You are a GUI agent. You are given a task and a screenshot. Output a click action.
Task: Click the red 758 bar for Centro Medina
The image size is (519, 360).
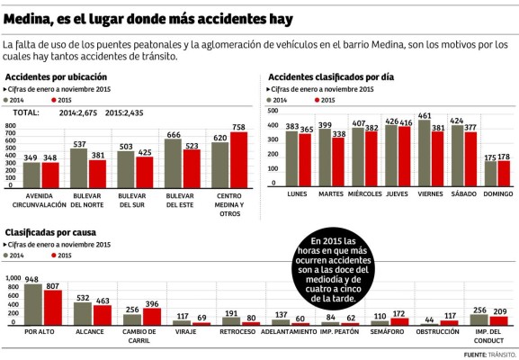(238, 160)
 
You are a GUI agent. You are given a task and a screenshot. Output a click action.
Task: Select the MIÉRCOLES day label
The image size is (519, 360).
(365, 193)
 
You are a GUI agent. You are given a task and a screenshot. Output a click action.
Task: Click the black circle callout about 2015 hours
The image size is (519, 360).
(338, 269)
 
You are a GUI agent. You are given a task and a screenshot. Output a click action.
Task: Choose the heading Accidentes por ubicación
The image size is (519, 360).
(56, 77)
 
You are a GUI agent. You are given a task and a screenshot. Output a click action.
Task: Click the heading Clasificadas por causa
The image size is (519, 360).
(51, 232)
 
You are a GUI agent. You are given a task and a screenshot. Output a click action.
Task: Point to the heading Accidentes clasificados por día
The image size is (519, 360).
(330, 77)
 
